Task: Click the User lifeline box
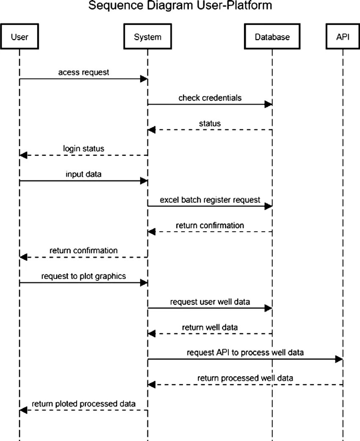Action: [x=19, y=37]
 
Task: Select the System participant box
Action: [x=147, y=37]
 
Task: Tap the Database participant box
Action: [x=272, y=37]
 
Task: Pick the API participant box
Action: [x=343, y=37]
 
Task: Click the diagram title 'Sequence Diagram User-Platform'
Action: [x=180, y=6]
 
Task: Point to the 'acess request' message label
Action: [x=83, y=72]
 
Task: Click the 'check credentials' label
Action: [x=210, y=98]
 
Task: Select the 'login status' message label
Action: [x=83, y=149]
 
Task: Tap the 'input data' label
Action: [x=83, y=174]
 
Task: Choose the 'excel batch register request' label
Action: [x=210, y=200]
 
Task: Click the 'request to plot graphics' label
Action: [x=83, y=276]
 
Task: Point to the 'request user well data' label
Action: [x=210, y=302]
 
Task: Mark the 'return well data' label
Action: [x=210, y=327]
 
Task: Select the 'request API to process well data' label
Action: [x=245, y=352]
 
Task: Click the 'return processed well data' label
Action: [x=245, y=378]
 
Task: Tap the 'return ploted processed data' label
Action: [x=83, y=404]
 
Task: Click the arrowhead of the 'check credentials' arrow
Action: [x=268, y=104]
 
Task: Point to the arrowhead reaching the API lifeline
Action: [x=339, y=359]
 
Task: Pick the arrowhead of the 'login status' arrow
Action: [x=24, y=155]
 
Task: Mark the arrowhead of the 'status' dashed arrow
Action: [x=152, y=130]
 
